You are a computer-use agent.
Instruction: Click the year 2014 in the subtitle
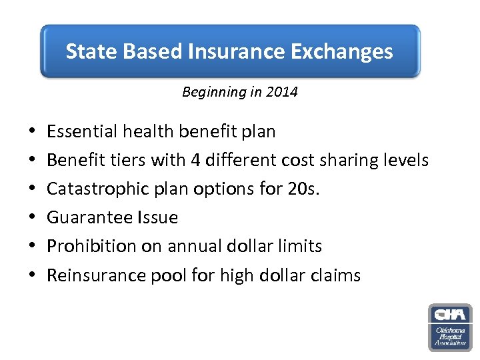pos(283,92)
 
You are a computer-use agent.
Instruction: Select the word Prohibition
pos(87,246)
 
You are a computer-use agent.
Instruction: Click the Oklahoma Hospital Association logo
pos(449,327)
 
